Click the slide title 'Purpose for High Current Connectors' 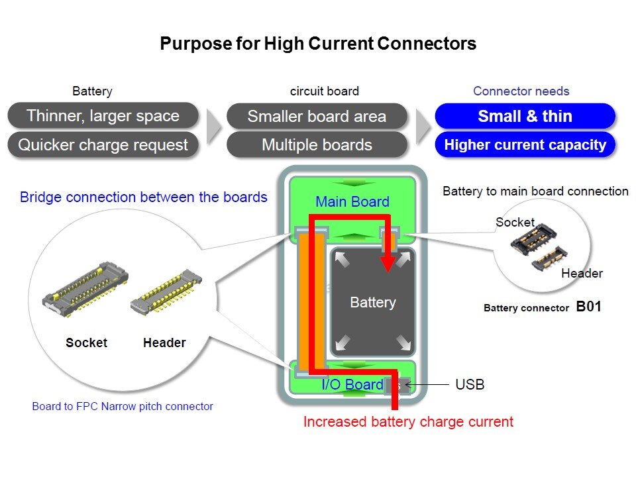click(318, 44)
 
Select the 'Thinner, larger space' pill click(103, 116)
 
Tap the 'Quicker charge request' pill click(103, 145)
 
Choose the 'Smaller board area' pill click(317, 117)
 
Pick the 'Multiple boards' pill click(317, 145)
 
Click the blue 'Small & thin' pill click(525, 117)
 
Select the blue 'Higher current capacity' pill click(525, 145)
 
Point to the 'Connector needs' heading click(521, 91)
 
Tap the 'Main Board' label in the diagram click(352, 201)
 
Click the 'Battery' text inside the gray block click(372, 303)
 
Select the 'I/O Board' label click(352, 385)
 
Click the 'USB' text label click(470, 384)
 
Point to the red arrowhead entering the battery click(387, 263)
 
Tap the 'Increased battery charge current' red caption click(408, 421)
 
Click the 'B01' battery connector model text click(588, 307)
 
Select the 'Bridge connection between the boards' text click(144, 197)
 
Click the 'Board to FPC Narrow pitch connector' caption click(123, 406)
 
